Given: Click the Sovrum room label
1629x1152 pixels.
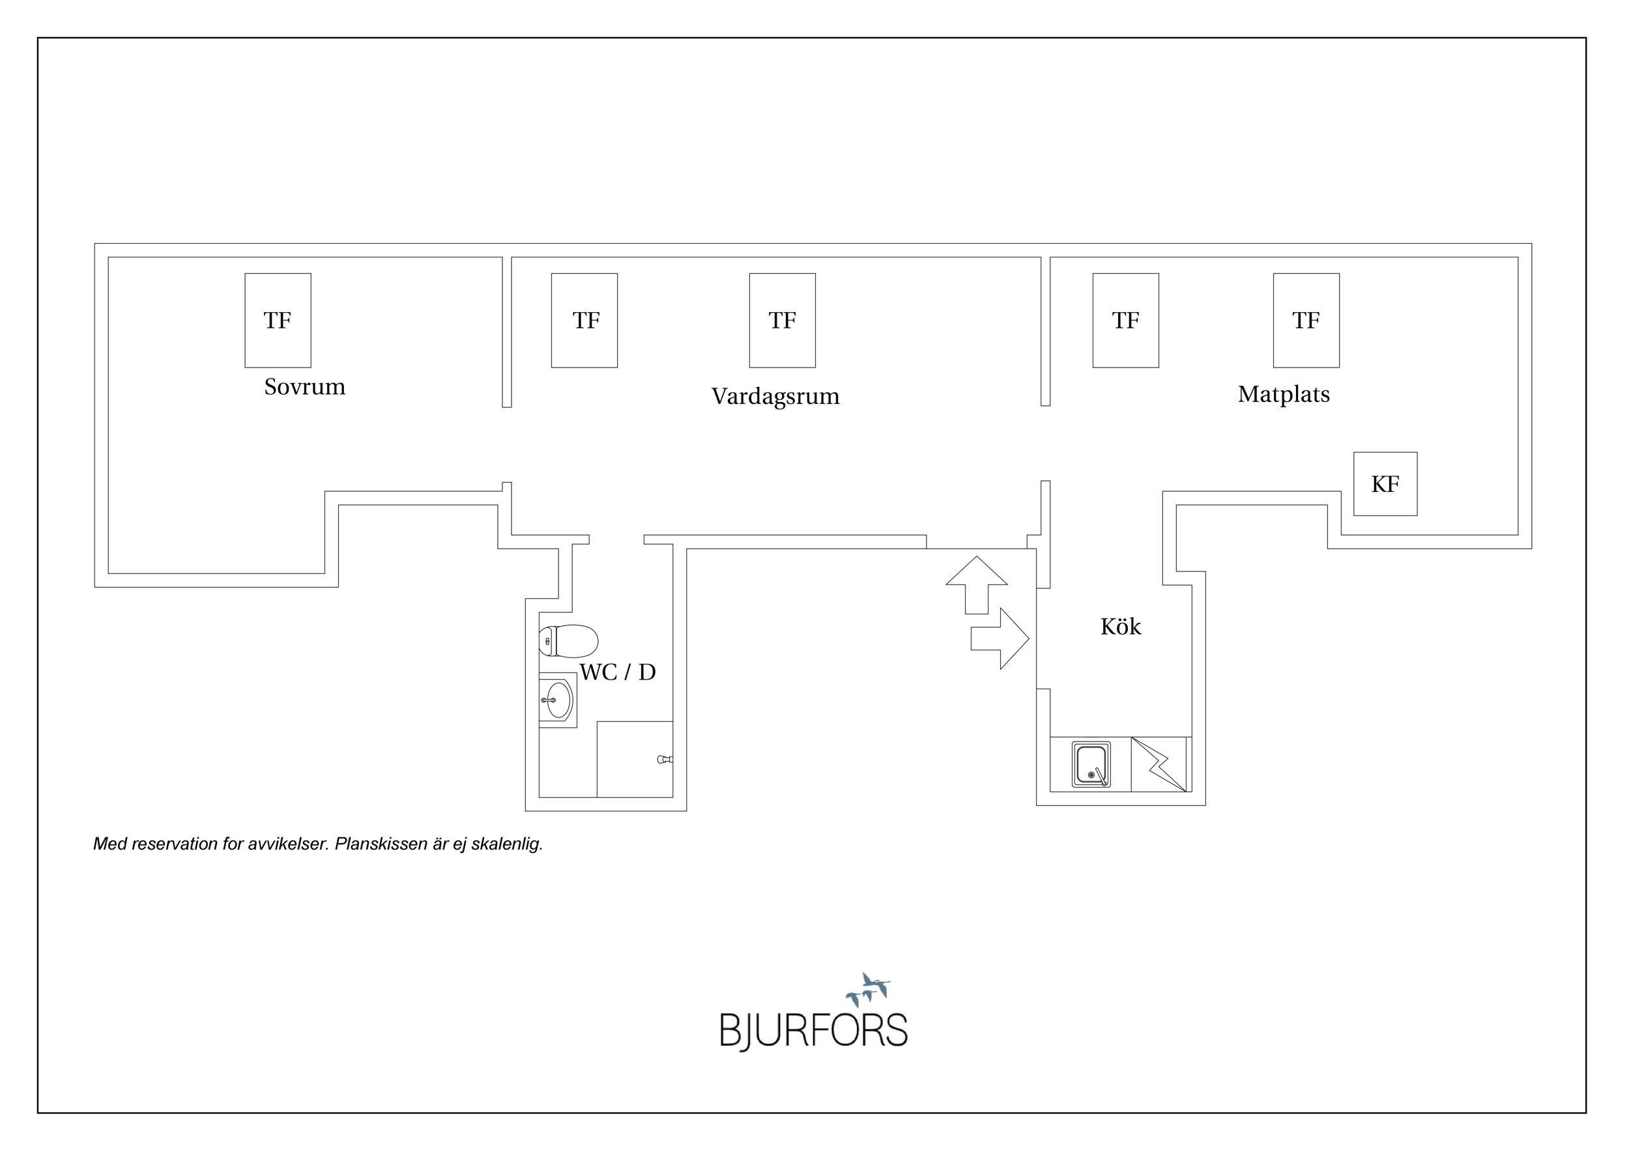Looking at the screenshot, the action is click(x=304, y=386).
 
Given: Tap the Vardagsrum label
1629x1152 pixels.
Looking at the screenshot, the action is click(x=775, y=396).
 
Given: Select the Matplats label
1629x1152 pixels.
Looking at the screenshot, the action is click(x=1284, y=394).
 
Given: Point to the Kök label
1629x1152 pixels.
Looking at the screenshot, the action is click(x=1120, y=626).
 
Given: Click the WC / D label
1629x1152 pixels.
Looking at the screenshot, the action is click(x=618, y=672).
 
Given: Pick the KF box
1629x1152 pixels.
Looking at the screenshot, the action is click(x=1385, y=483).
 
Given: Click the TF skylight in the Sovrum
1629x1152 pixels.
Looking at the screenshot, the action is click(x=278, y=320).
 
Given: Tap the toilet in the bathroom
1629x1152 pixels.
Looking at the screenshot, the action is click(x=568, y=641).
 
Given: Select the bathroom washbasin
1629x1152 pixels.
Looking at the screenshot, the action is click(x=558, y=700).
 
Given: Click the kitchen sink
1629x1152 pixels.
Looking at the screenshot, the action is click(x=1091, y=765).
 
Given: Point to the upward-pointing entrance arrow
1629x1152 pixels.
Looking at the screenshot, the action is click(x=977, y=584).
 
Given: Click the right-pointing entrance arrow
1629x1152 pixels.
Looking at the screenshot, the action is click(x=1000, y=639).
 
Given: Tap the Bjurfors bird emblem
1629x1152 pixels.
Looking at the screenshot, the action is click(x=869, y=990).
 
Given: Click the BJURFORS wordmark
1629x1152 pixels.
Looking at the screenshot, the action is click(x=814, y=1031).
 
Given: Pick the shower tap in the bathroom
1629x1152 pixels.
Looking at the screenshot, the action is click(x=665, y=760).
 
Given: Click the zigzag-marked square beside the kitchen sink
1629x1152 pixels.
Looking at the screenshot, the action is click(x=1158, y=765).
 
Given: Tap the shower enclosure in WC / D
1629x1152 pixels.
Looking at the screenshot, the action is click(x=634, y=759).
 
